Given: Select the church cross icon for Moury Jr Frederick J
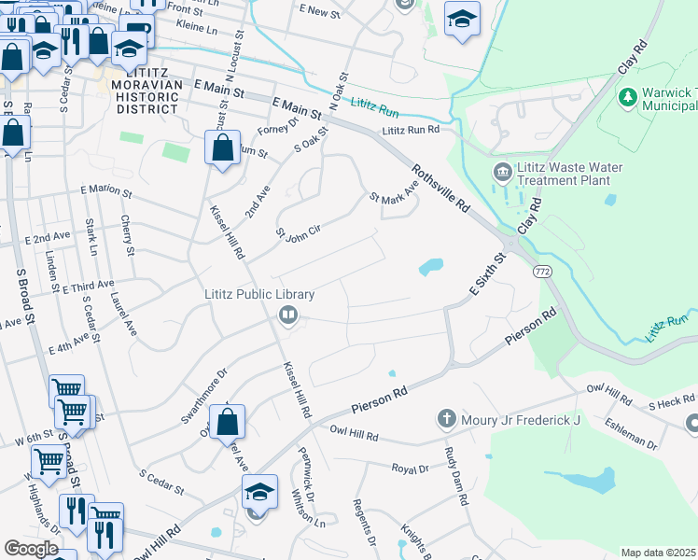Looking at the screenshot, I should coord(448,418).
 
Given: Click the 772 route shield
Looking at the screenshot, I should coord(541,271).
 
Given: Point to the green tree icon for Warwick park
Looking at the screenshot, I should coord(627,96).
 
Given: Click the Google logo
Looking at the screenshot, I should coord(31,549).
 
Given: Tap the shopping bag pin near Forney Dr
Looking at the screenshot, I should coord(222,147).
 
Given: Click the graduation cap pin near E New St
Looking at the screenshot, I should coord(461,19).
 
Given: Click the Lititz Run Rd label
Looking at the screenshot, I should coord(409,132).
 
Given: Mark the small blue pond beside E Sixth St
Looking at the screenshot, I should coord(430,268).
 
